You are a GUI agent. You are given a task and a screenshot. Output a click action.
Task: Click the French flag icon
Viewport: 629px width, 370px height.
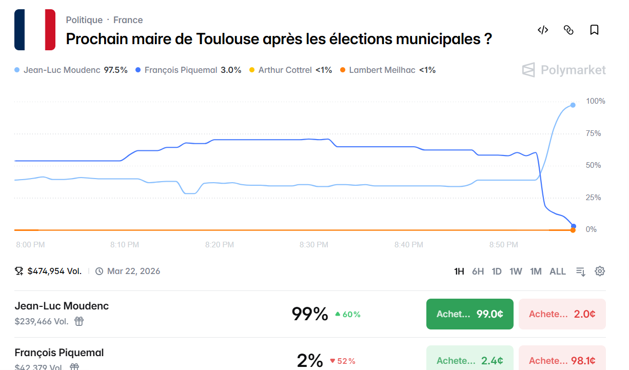pyautogui.click(x=35, y=30)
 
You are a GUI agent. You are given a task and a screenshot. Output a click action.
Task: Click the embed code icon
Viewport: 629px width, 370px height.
pyautogui.click(x=543, y=30)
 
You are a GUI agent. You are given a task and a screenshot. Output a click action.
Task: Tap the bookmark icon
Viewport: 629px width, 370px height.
pyautogui.click(x=594, y=30)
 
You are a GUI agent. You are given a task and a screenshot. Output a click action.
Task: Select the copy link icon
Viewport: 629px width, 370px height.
pyautogui.click(x=568, y=30)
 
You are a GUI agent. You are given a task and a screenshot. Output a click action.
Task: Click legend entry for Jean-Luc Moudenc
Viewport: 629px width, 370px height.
pyautogui.click(x=71, y=70)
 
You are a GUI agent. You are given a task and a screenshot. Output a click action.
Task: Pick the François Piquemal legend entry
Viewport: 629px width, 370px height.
pyautogui.click(x=188, y=70)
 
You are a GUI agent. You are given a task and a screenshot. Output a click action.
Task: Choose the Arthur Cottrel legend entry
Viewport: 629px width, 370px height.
pyautogui.click(x=290, y=70)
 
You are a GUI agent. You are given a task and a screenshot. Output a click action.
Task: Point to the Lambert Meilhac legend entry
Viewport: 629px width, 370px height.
pyautogui.click(x=388, y=70)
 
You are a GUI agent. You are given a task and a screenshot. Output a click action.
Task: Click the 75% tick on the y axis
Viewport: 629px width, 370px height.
pyautogui.click(x=593, y=133)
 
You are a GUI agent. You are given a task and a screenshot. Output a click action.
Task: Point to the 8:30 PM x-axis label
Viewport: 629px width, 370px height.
pyautogui.click(x=314, y=245)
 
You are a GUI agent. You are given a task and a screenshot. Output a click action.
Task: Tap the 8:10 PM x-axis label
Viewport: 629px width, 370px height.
pyautogui.click(x=125, y=245)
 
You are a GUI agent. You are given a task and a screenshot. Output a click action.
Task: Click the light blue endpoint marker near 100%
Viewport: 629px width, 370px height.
pyautogui.click(x=573, y=105)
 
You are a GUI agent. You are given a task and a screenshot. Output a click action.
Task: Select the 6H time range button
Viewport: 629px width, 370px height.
pyautogui.click(x=478, y=271)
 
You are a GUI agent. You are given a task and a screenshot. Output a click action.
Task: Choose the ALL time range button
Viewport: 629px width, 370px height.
pyautogui.click(x=558, y=271)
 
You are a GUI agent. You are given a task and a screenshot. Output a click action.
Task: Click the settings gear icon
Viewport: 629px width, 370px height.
pyautogui.click(x=600, y=271)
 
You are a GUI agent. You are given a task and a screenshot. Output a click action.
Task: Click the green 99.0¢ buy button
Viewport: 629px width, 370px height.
pyautogui.click(x=469, y=314)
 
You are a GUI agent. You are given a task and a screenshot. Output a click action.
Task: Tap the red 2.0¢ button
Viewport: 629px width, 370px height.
pyautogui.click(x=562, y=314)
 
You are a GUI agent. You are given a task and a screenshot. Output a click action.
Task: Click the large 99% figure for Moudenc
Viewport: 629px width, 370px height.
pyautogui.click(x=309, y=314)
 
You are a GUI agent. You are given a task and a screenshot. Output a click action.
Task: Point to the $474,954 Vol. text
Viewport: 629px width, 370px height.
pyautogui.click(x=54, y=271)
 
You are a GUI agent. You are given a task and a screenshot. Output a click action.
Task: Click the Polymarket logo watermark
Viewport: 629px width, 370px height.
pyautogui.click(x=564, y=70)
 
